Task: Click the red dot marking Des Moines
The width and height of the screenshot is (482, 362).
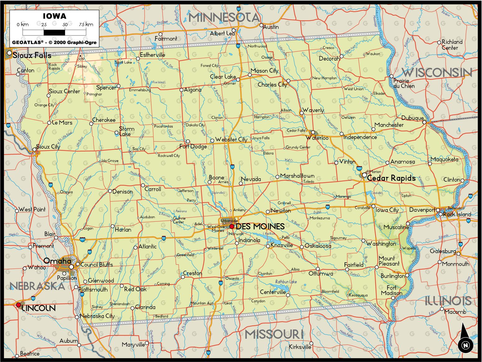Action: pos(232,226)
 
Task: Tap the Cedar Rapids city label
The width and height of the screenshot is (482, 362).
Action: pos(391,178)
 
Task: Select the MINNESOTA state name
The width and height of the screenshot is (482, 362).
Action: pos(224,17)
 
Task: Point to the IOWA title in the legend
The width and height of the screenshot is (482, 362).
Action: pos(54,16)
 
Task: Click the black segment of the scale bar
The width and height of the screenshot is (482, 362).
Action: pos(54,32)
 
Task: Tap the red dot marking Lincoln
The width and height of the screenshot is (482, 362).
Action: pos(19,305)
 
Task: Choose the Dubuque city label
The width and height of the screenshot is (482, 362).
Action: pos(412,118)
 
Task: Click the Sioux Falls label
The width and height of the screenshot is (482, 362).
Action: pos(32,55)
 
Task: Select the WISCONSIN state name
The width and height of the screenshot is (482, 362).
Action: pos(437,73)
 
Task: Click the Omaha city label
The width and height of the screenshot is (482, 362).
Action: pos(57,261)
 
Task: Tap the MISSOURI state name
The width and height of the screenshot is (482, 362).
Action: pos(274,334)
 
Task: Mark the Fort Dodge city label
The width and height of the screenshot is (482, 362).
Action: pos(193,146)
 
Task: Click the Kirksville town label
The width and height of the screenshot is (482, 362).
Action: pos(300,347)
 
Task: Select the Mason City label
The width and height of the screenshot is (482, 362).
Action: pos(264,71)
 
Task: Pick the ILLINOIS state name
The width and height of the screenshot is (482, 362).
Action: pos(448,301)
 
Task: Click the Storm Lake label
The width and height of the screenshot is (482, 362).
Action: pos(127,131)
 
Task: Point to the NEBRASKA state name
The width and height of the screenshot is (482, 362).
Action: pos(37,286)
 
